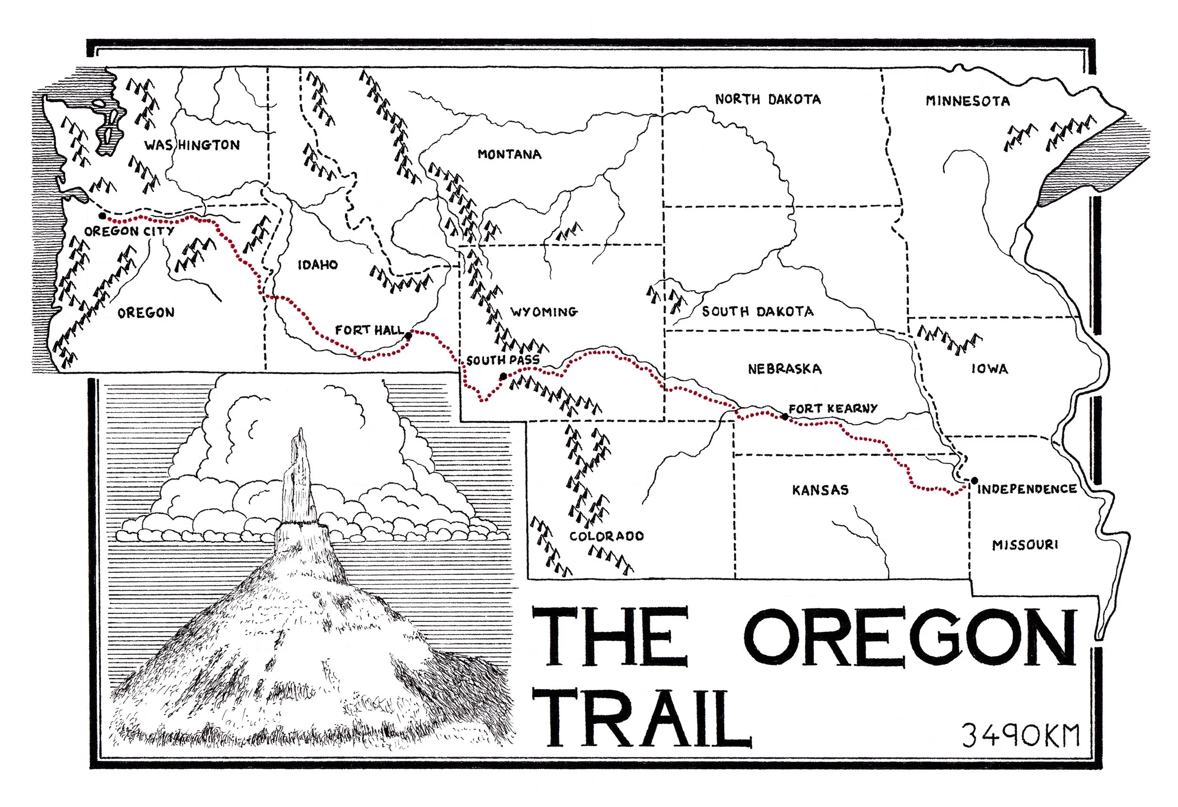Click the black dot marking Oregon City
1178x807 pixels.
pos(102,216)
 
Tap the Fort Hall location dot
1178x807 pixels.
pos(409,335)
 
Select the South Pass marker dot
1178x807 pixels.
pos(503,376)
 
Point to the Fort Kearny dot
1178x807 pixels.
pos(785,416)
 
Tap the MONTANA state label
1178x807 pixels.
pos(509,154)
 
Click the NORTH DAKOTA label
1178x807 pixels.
pos(768,99)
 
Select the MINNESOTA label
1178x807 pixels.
pos(968,101)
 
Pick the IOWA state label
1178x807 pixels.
pos(990,369)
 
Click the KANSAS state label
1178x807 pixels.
pos(820,489)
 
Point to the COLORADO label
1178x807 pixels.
pos(606,536)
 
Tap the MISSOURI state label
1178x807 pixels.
pos(1025,545)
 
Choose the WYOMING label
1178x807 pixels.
pos(544,312)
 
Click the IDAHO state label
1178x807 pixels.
pos(317,265)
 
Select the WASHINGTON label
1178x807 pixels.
pos(192,146)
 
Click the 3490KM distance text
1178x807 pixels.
pos(1020,735)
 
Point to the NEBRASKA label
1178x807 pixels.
pos(784,369)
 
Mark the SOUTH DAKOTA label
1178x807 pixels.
pos(757,312)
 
